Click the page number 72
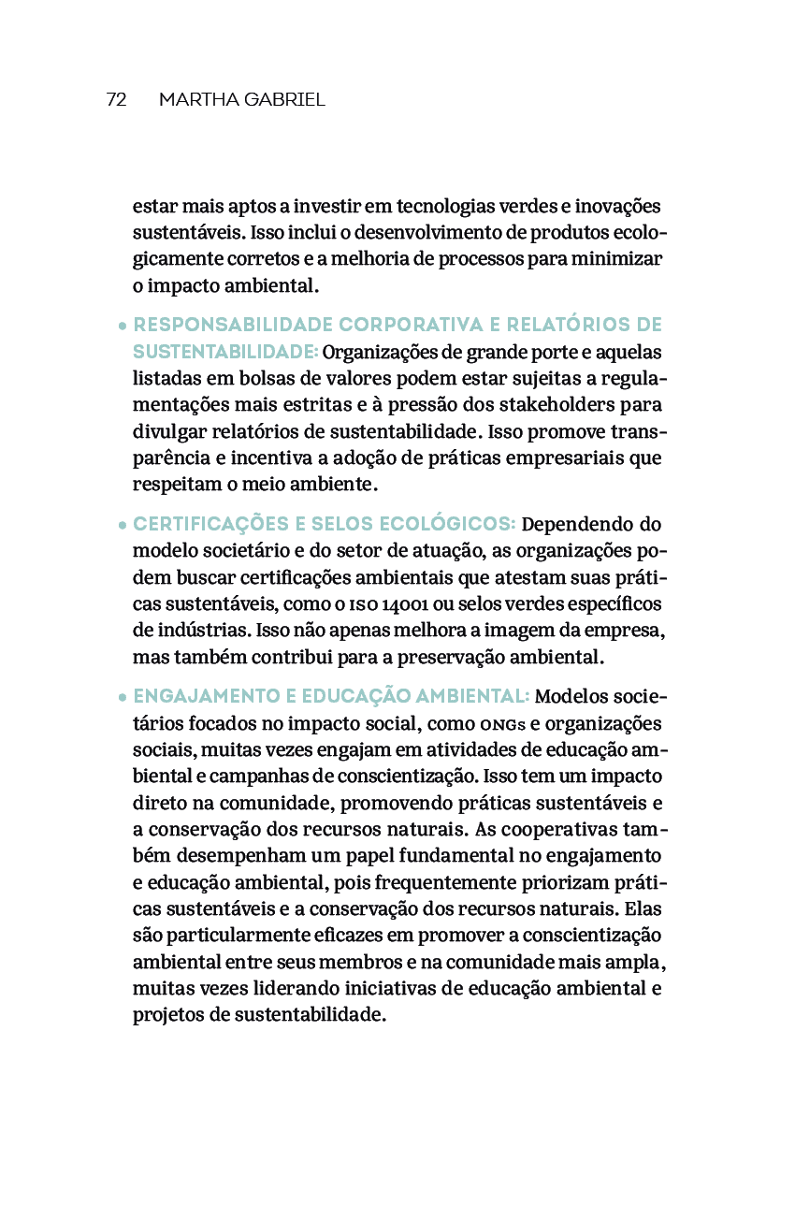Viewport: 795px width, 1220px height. coord(116,99)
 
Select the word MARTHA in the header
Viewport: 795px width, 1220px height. coord(195,99)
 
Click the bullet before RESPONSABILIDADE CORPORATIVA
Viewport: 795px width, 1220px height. coord(123,327)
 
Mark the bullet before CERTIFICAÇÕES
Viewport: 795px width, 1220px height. coord(123,525)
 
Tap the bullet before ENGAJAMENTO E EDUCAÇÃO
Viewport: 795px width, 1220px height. coord(123,697)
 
